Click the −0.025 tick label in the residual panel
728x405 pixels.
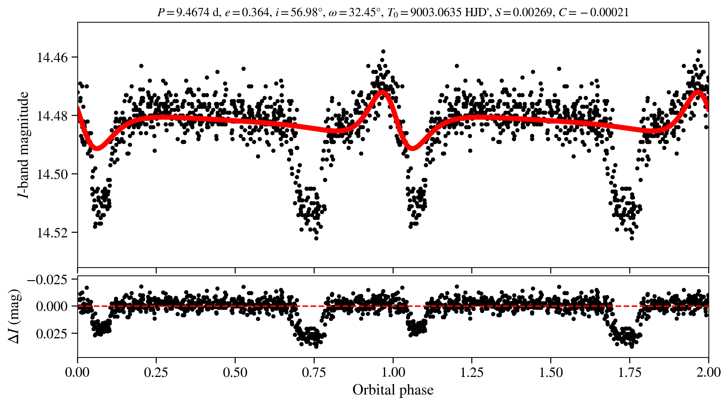pos(47,280)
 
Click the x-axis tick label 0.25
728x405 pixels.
pos(156,372)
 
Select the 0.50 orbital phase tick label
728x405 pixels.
pos(235,372)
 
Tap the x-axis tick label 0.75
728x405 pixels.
pos(314,372)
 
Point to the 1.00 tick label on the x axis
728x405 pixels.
pos(393,372)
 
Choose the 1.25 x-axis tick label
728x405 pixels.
pos(472,372)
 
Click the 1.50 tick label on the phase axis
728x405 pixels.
pos(550,372)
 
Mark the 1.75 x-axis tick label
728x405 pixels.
pos(629,372)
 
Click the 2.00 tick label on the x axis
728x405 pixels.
pos(708,372)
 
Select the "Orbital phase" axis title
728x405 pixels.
pos(393,390)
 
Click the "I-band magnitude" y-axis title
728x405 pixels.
pos(23,145)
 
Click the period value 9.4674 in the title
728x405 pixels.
pos(193,12)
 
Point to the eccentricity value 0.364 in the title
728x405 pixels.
pos(255,12)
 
